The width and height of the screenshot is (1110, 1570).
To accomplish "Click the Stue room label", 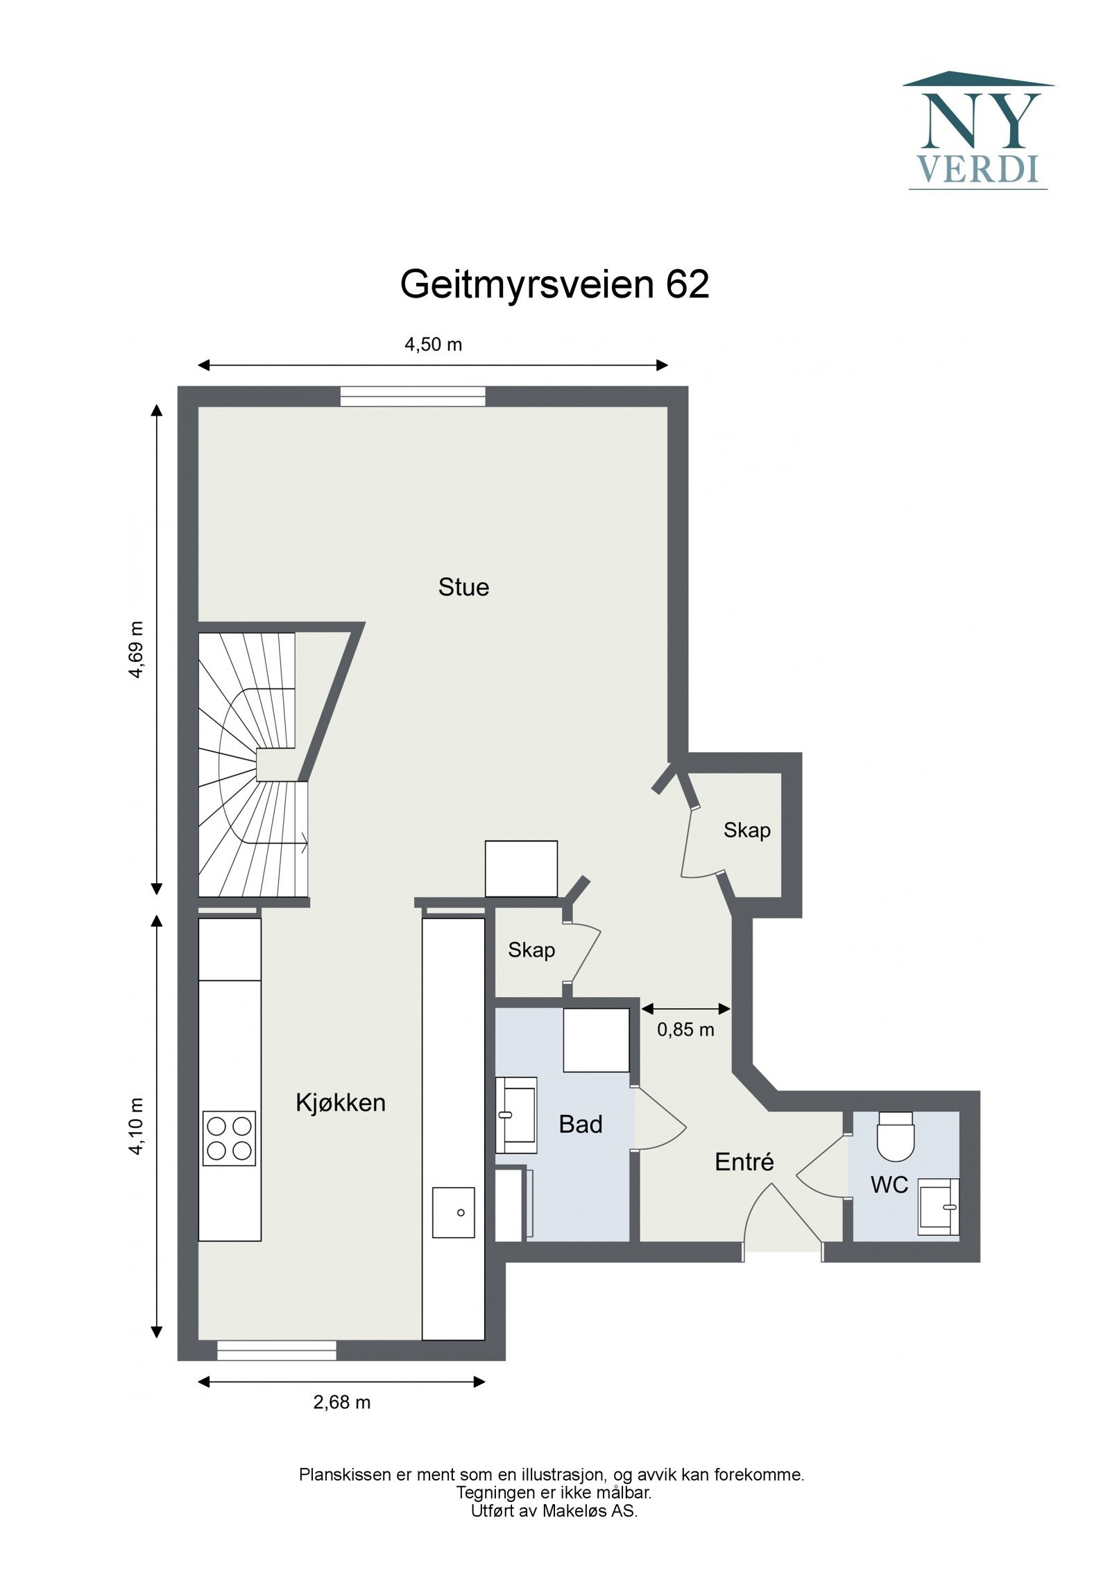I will point(463,588).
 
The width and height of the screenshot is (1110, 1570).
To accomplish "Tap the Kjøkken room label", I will point(340,1102).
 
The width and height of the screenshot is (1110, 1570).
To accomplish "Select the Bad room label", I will point(581,1124).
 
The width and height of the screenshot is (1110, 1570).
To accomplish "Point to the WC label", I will point(889,1184).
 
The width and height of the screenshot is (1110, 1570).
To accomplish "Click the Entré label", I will point(744,1161).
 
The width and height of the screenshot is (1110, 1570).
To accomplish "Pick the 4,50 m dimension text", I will point(434,344).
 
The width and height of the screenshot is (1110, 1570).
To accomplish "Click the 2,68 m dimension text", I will point(342,1402).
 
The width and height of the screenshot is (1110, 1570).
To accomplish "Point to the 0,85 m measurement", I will point(685,1029).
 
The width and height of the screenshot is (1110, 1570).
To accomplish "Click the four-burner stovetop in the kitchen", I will point(229,1138).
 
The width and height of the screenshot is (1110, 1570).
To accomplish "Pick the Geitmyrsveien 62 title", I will point(554,284).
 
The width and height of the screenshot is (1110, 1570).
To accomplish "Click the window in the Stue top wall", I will point(413,396).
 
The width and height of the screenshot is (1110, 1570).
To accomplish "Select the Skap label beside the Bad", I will point(531,950).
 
